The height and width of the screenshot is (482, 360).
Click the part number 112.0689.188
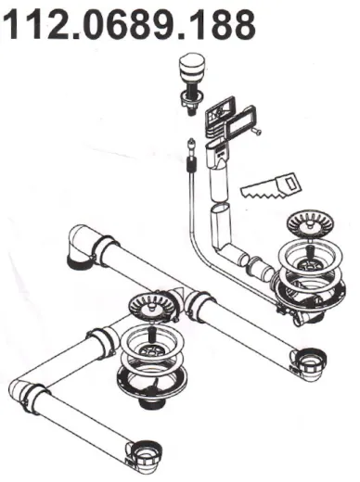[x=129, y=25]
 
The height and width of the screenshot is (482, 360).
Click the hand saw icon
[x=272, y=186]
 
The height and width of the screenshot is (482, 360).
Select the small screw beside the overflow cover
[x=256, y=132]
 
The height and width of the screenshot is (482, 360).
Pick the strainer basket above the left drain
[x=152, y=308]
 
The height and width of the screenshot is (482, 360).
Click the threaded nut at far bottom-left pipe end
[x=146, y=452]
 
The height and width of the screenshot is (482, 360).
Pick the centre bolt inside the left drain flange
[x=151, y=335]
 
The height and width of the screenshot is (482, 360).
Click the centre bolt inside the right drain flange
[x=309, y=252]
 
